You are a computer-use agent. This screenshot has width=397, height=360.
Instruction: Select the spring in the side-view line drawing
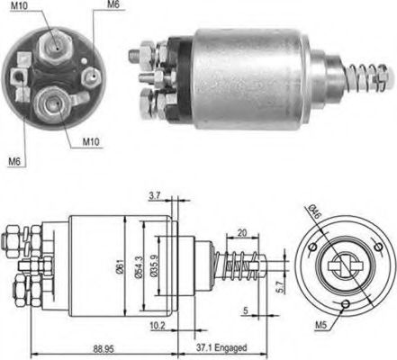(235, 268)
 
